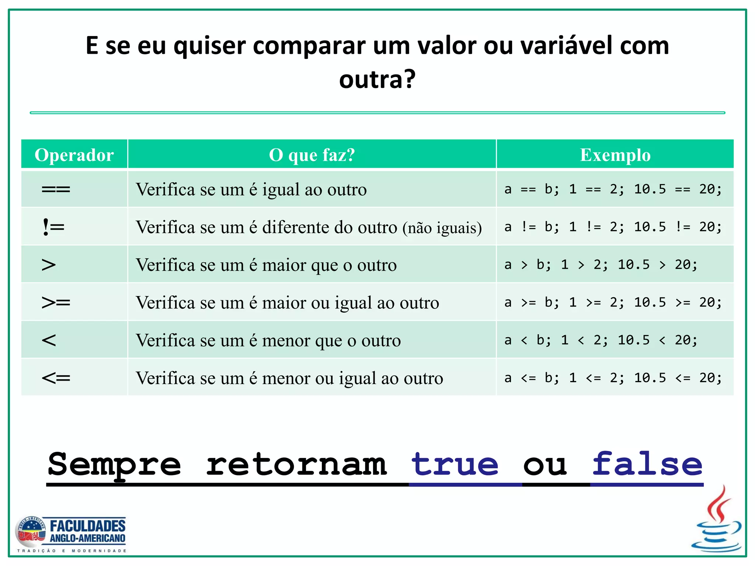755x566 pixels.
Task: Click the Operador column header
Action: click(x=74, y=155)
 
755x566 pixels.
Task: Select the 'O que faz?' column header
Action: click(x=312, y=155)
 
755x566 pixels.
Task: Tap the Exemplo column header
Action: click(x=615, y=155)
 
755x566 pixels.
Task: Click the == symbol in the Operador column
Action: click(x=56, y=190)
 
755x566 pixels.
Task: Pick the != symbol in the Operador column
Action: click(x=53, y=227)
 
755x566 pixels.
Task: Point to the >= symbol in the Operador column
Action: click(x=56, y=303)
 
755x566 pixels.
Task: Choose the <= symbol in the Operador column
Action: click(x=56, y=378)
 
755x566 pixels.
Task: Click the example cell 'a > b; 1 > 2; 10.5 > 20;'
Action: click(x=601, y=265)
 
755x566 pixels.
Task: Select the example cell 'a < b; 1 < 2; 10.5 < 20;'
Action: click(x=601, y=340)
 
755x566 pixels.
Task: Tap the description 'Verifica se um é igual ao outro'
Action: click(x=251, y=190)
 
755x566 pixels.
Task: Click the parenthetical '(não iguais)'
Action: click(x=442, y=228)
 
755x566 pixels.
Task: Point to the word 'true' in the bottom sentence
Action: click(x=455, y=465)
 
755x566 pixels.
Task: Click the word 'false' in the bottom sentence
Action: click(x=647, y=465)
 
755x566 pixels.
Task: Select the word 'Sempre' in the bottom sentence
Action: click(x=114, y=465)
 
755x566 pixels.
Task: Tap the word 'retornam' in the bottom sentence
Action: click(x=296, y=465)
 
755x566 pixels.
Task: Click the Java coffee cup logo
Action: click(x=717, y=520)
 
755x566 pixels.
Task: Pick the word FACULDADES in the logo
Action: click(x=88, y=526)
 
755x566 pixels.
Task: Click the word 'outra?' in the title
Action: click(x=377, y=80)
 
